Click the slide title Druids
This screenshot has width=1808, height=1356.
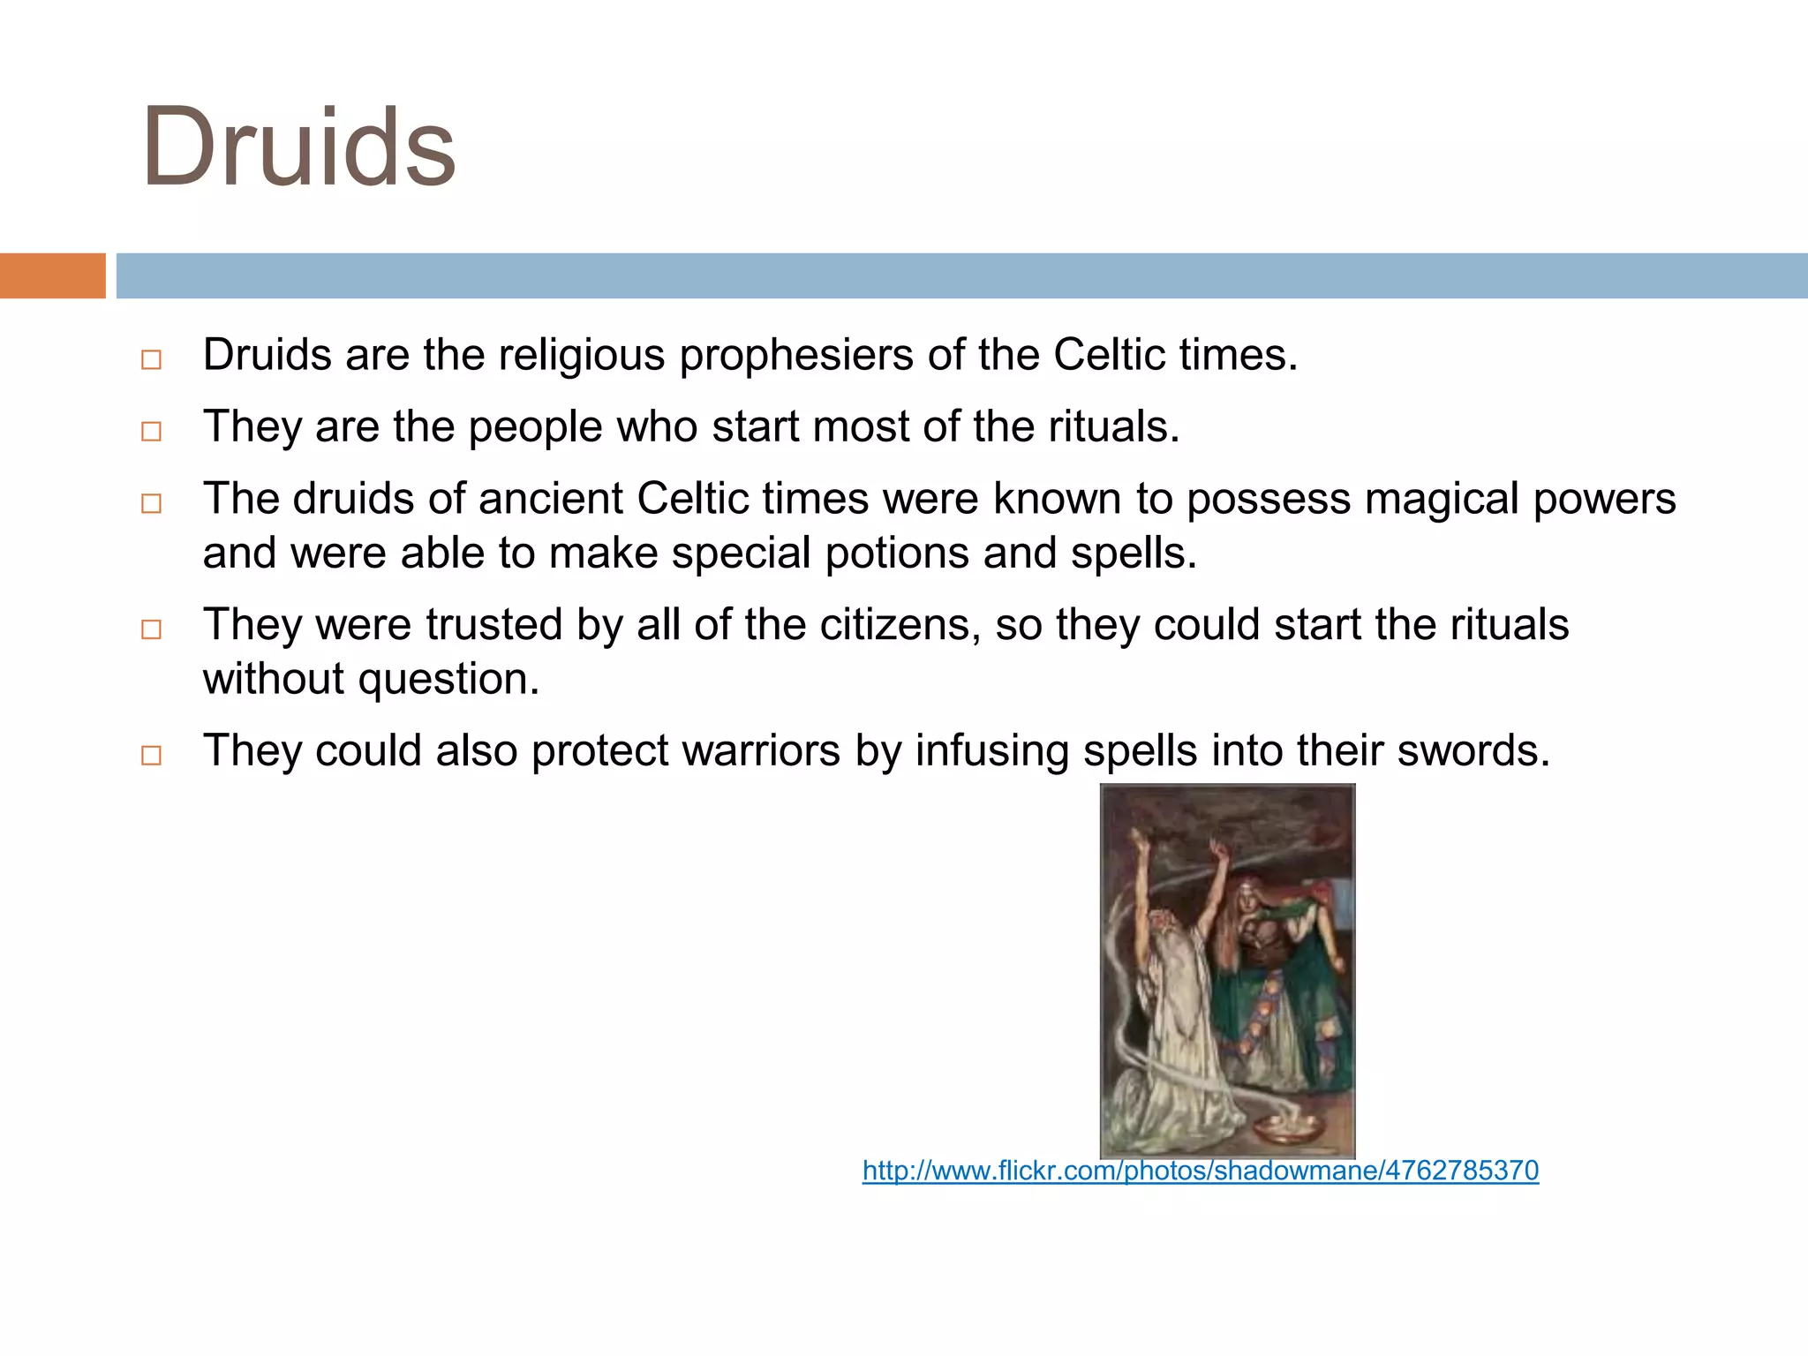(x=298, y=148)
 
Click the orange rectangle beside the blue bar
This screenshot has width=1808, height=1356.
(x=52, y=275)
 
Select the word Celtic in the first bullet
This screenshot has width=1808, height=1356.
(x=1110, y=355)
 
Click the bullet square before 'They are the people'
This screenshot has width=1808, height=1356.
(x=152, y=432)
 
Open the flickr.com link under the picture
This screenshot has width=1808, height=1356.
(x=1200, y=1171)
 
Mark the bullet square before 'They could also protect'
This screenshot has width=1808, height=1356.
(x=152, y=756)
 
